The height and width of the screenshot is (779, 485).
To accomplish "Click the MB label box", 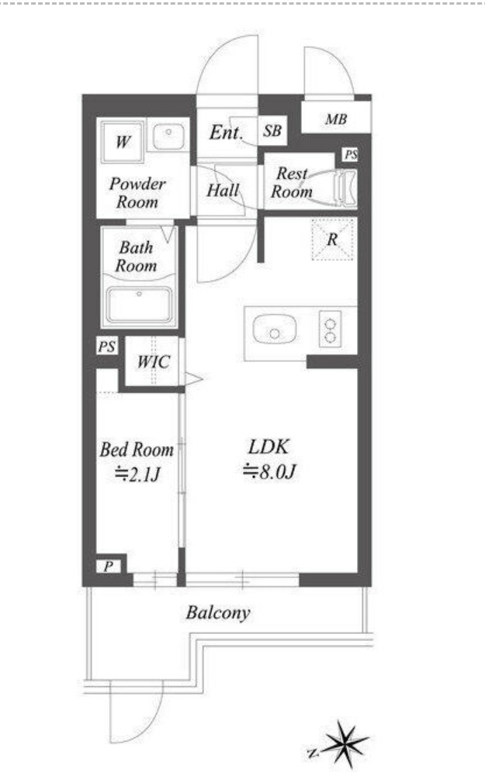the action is [x=336, y=118].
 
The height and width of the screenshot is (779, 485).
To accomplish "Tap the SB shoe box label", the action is [x=272, y=131].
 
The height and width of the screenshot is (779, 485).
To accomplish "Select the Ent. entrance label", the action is [x=227, y=132].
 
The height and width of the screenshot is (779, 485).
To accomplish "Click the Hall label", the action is [x=223, y=190].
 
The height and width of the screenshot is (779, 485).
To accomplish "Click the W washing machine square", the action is [x=123, y=142].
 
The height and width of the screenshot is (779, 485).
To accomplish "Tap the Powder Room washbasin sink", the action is [x=168, y=136].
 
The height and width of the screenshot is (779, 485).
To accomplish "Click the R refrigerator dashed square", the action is [x=332, y=240].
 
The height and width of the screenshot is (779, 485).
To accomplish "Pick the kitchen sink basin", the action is [x=275, y=329].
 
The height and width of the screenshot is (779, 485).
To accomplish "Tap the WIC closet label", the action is [x=154, y=361].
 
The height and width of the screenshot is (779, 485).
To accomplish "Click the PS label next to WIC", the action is [x=107, y=346].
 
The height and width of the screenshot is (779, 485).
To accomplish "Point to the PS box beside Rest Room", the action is [x=351, y=154].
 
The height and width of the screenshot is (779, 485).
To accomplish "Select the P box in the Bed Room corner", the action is [x=109, y=566].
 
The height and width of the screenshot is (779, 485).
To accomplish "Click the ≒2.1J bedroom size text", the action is [x=137, y=474].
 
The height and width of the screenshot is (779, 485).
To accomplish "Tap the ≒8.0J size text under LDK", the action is [x=269, y=471].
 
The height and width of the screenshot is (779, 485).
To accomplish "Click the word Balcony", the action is [x=218, y=613].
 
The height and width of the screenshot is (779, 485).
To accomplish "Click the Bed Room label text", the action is [x=137, y=450].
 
